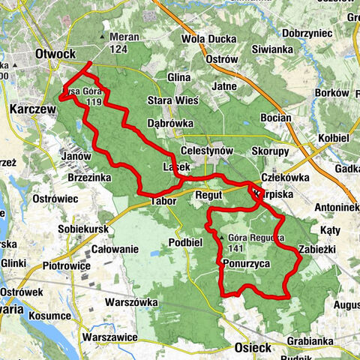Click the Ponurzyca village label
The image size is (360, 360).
(246, 264)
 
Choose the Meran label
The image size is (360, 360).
(126, 37)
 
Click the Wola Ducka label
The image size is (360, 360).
(205, 37)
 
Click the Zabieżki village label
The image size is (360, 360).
(319, 250)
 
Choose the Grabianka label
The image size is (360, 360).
(309, 340)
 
